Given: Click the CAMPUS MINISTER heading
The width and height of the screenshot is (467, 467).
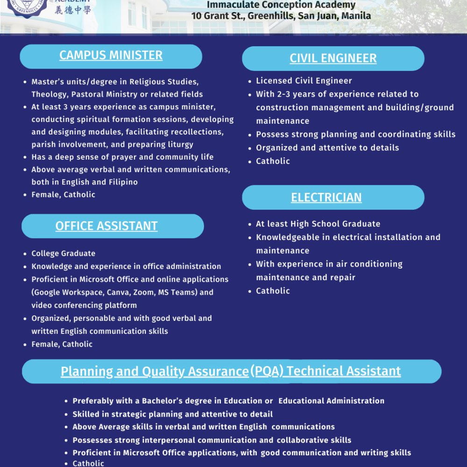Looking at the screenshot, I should (x=111, y=55).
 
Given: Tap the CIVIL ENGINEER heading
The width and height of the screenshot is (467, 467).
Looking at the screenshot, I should (x=333, y=58).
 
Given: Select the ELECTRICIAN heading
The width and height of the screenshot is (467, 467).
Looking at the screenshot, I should (x=326, y=198).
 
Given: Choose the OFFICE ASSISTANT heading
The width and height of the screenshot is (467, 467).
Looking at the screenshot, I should (x=106, y=226).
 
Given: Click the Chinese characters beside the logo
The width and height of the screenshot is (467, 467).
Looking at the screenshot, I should (x=73, y=10).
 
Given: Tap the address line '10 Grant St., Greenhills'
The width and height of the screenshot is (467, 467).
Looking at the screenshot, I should (x=281, y=16).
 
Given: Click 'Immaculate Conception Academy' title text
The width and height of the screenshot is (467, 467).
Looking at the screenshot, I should (x=281, y=5).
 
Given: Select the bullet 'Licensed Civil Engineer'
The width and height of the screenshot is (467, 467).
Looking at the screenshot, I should (x=304, y=81).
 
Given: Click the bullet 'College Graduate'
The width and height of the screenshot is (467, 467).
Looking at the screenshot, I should (x=63, y=254).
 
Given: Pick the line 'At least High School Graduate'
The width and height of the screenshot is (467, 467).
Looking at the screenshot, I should (x=318, y=224).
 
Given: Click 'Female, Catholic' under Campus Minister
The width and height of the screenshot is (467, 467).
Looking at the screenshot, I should (x=63, y=195).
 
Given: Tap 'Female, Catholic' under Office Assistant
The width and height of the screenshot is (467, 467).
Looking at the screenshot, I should (x=62, y=344).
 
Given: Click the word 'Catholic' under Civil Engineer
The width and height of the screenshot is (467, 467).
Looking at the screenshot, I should (x=273, y=161).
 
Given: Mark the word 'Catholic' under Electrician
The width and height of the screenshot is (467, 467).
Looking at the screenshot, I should (x=273, y=291).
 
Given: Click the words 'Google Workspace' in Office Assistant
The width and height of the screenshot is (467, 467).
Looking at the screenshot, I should (x=65, y=292).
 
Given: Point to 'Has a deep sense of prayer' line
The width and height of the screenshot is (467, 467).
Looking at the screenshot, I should (x=122, y=157).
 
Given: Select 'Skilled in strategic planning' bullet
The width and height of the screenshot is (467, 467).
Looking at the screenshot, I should (x=172, y=414).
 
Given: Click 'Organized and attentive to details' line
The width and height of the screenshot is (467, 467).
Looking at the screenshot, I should (x=327, y=148).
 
